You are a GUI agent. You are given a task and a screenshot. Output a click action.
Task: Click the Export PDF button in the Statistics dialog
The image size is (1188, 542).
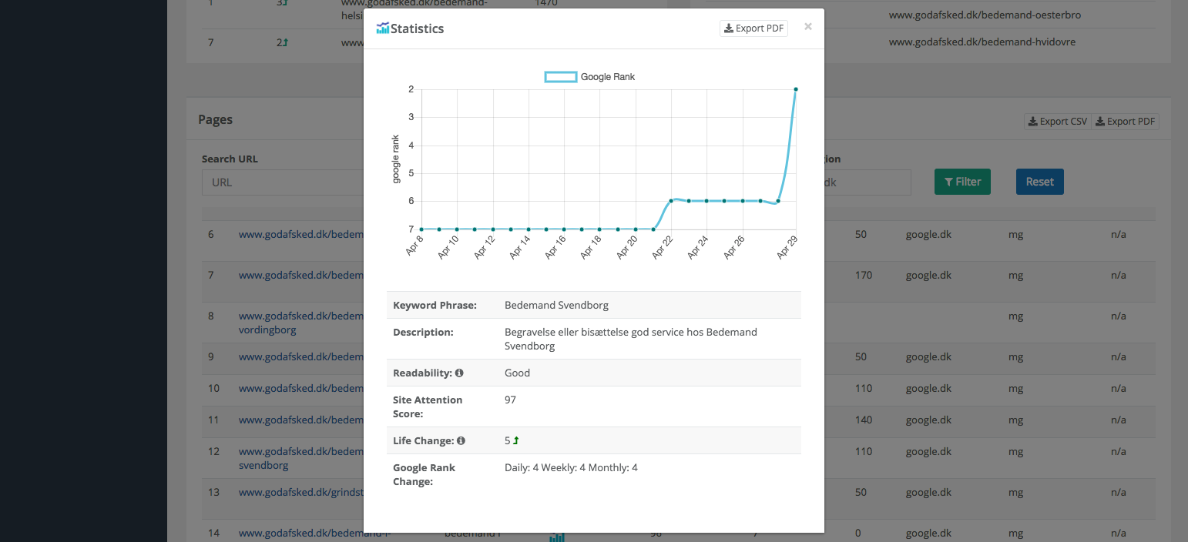click(x=753, y=28)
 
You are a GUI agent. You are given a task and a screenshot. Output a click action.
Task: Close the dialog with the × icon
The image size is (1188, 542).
click(x=808, y=27)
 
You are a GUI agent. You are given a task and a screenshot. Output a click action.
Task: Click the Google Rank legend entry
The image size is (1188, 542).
click(x=590, y=77)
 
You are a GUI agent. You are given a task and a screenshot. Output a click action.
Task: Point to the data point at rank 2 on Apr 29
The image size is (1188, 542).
click(x=796, y=89)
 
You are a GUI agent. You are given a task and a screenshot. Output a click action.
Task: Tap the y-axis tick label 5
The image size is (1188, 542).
click(x=411, y=173)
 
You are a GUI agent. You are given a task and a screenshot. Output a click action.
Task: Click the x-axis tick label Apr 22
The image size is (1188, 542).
click(x=663, y=247)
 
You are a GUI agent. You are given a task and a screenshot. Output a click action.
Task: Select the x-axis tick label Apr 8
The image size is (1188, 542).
click(x=414, y=246)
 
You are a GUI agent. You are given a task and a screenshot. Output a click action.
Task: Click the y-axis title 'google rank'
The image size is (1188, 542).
click(x=396, y=159)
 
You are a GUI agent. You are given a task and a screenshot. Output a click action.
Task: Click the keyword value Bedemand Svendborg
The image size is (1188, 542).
click(x=556, y=305)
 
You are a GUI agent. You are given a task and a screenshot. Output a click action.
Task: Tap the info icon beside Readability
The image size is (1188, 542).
click(x=459, y=373)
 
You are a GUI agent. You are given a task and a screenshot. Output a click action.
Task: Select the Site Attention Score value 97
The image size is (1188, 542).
click(x=510, y=400)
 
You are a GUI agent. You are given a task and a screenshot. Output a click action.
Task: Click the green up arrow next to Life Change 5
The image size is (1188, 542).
click(x=516, y=441)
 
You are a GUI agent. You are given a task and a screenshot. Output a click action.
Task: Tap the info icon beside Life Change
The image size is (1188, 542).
click(x=461, y=441)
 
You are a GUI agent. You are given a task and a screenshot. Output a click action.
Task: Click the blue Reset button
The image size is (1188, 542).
click(x=1039, y=182)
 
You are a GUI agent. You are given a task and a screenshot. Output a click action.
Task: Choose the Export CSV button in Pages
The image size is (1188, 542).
click(x=1057, y=122)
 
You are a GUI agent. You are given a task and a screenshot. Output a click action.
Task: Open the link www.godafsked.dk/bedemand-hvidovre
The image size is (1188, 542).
click(x=982, y=42)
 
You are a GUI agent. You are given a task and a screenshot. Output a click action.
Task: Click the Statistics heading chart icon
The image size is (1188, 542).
click(x=383, y=28)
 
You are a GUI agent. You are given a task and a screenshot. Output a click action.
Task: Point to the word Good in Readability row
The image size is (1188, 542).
click(x=517, y=373)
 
